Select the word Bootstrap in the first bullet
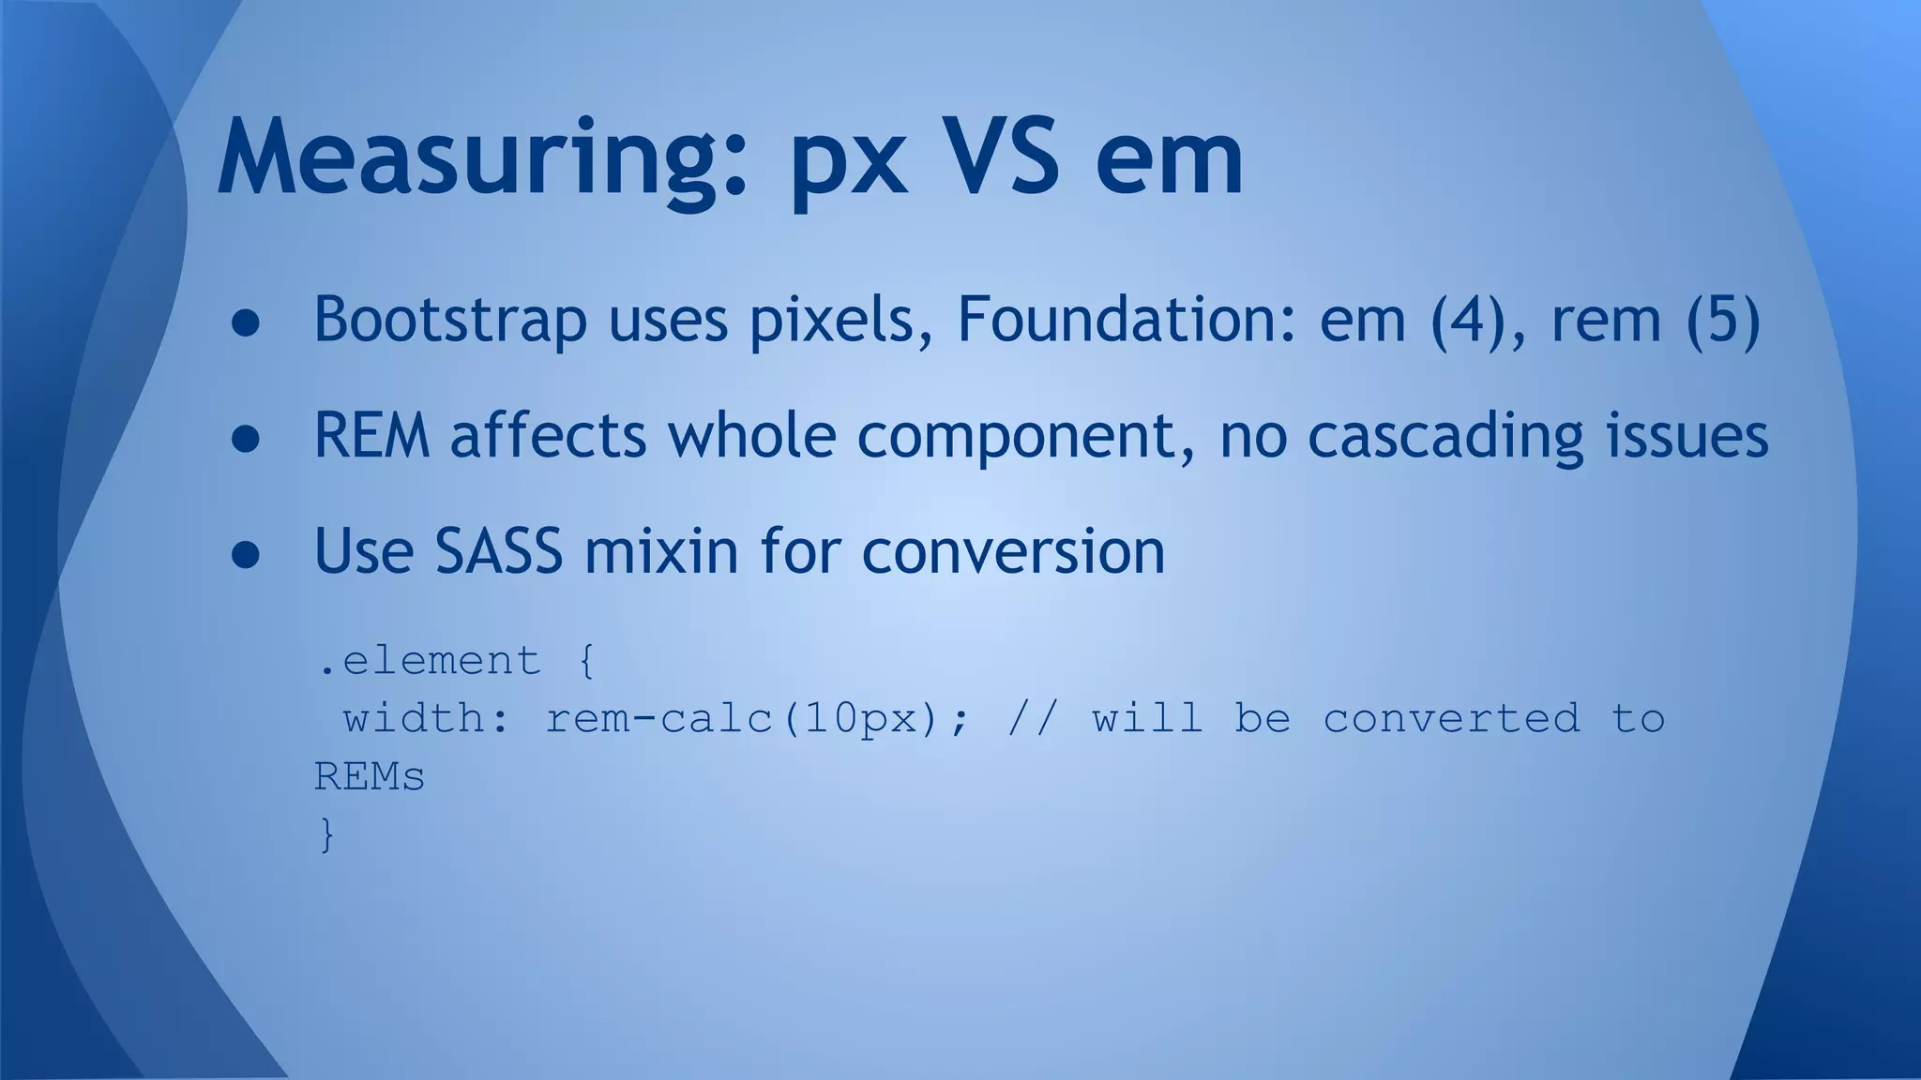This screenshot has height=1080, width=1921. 450,321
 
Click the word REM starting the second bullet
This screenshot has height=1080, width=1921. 371,436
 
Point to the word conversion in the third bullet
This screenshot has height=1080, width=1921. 1013,551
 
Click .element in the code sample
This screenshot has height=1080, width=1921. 430,661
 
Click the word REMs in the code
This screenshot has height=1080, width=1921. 370,777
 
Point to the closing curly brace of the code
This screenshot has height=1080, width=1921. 326,834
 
